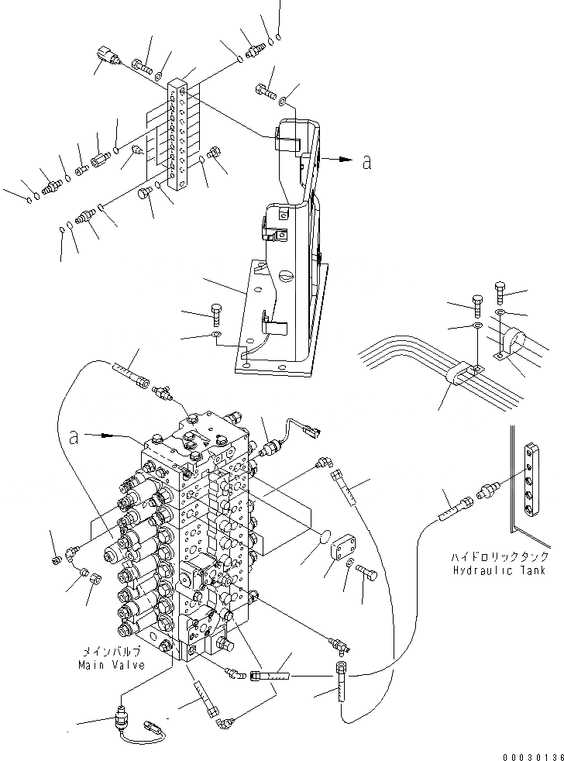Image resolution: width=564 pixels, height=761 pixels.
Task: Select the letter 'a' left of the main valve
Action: pos(74,438)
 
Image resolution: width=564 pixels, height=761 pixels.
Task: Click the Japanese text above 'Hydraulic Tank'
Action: pos(501,557)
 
